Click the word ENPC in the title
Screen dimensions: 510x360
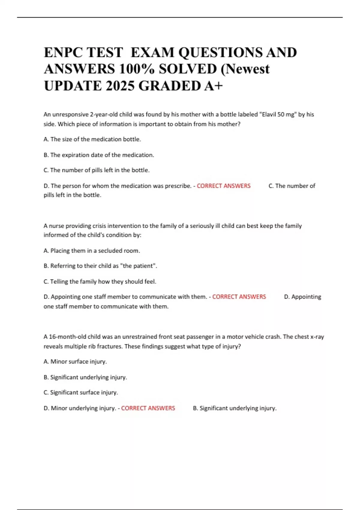click(61, 52)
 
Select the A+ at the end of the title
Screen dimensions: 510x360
click(213, 86)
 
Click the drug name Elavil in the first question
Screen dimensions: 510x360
click(269, 114)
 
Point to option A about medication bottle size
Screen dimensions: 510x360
click(92, 139)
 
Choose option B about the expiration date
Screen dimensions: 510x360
click(99, 155)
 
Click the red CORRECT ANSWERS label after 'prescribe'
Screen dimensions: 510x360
click(223, 186)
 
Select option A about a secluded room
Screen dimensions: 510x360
click(92, 251)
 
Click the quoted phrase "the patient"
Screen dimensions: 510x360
click(138, 266)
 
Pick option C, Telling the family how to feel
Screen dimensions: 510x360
click(100, 282)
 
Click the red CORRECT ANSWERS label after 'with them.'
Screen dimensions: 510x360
click(239, 297)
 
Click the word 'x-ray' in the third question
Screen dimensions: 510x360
click(317, 337)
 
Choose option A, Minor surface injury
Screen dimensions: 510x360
click(75, 362)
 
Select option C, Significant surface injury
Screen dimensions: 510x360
click(81, 392)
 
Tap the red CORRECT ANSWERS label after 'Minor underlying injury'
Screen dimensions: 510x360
click(148, 408)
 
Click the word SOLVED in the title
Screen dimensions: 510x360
click(187, 69)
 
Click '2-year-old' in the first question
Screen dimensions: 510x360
click(104, 114)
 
